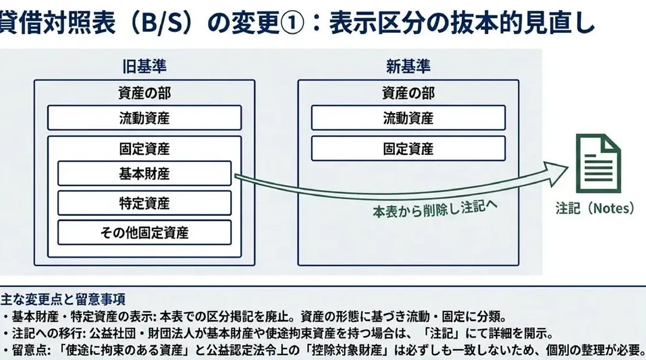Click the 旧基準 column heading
tap(144, 67)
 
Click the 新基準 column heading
tap(408, 67)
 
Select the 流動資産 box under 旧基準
tap(144, 118)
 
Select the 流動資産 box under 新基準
tap(409, 118)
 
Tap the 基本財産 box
tap(144, 173)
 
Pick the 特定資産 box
tap(144, 203)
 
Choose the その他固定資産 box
tap(144, 233)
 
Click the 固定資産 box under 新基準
tap(409, 148)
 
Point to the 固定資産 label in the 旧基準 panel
tap(144, 149)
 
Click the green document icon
tap(598, 163)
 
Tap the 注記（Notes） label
tap(595, 208)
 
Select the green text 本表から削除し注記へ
tap(435, 209)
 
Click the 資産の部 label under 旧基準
tap(144, 93)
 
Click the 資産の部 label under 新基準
tap(409, 93)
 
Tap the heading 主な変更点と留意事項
tap(63, 300)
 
